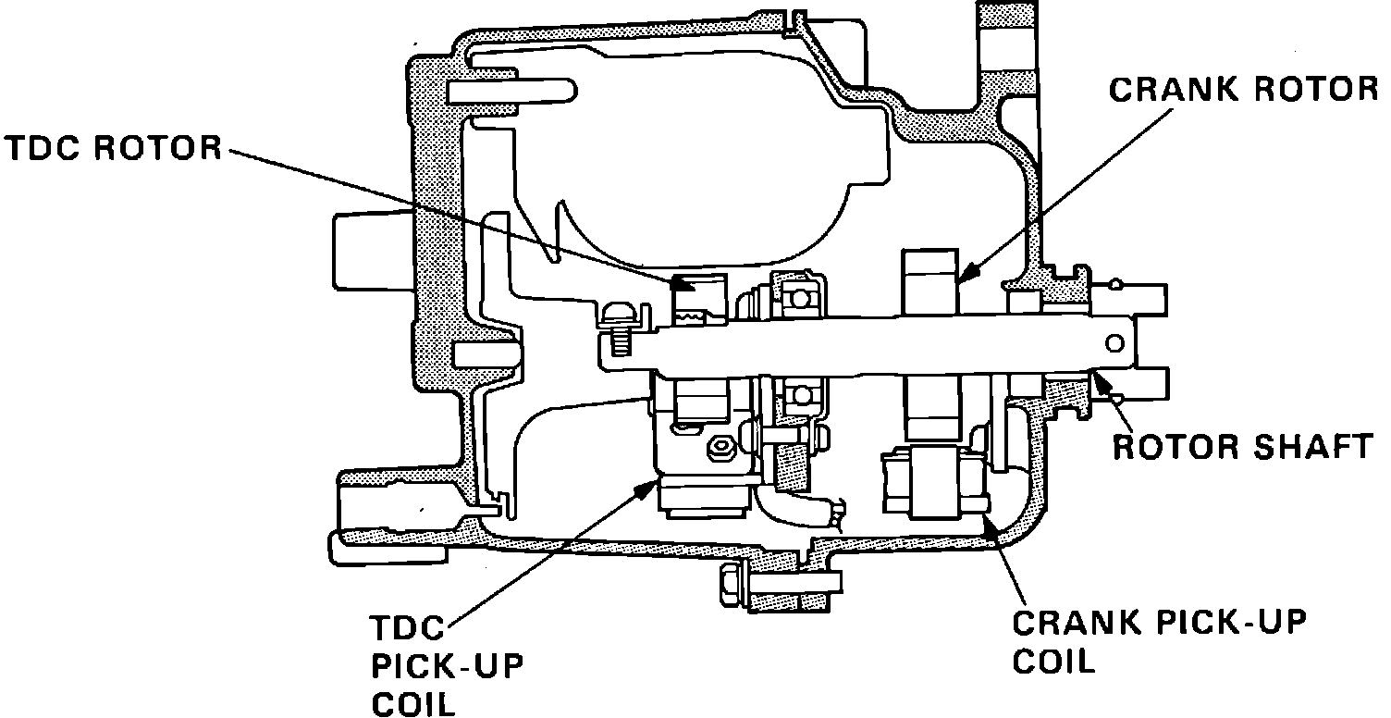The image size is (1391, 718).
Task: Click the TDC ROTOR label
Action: coord(112,149)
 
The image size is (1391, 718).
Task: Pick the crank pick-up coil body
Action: coord(935,482)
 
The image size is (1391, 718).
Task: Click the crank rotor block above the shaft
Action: coord(928,281)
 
